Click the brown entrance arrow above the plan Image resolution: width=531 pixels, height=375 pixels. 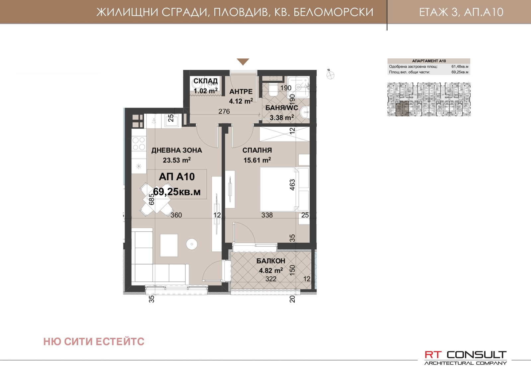243,62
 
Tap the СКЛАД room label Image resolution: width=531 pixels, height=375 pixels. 205,81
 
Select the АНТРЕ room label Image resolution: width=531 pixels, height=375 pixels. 241,92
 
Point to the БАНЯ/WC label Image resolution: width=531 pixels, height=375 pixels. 281,108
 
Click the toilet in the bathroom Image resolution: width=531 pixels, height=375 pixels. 273,89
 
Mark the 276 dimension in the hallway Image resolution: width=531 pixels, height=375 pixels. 224,111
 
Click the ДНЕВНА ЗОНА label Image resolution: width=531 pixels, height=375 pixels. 177,150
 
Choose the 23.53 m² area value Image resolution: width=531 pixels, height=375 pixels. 177,160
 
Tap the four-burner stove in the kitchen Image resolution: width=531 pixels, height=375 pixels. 139,143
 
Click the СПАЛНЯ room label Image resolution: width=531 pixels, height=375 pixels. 257,150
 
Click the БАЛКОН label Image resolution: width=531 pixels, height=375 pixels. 271,261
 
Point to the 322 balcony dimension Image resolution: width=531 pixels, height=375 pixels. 271,279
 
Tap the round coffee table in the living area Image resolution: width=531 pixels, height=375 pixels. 192,244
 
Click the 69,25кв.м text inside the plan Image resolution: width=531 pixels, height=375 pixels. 177,192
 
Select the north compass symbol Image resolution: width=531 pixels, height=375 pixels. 330,75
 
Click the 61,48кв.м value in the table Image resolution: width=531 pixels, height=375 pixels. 460,67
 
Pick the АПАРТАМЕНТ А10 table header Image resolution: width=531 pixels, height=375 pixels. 429,61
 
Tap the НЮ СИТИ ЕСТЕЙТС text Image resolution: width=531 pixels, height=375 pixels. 94,342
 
